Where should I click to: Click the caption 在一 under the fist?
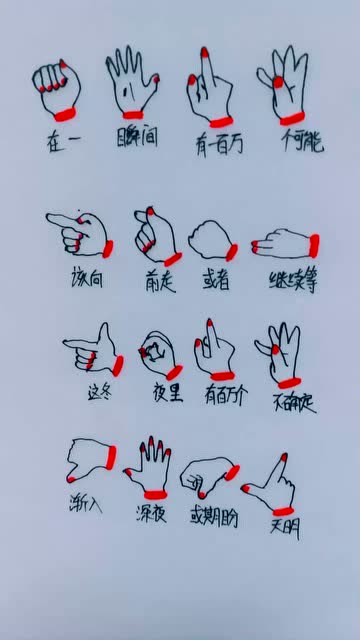[x=62, y=141]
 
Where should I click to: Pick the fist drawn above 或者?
[x=212, y=240]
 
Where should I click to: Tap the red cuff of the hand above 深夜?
[x=153, y=493]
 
